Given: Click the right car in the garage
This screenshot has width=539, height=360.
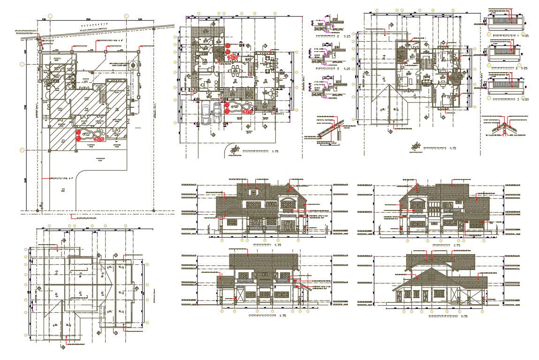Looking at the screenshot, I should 217,113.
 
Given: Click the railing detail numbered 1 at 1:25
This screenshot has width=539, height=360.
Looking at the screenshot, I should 505,22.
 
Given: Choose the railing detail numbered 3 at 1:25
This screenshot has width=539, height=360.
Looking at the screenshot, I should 505,87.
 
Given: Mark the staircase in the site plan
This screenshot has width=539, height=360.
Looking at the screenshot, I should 103,98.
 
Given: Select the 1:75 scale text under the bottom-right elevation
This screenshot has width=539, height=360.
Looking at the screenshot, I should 464,316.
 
